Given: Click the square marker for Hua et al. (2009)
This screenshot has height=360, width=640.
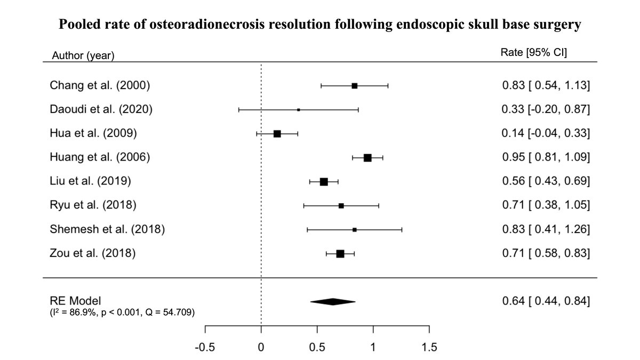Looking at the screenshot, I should [x=277, y=133].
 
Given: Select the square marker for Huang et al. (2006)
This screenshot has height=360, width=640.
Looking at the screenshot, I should [x=367, y=157].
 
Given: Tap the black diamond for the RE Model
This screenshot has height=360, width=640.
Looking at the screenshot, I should [x=332, y=301].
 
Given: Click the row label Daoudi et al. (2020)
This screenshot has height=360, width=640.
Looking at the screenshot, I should [x=101, y=109].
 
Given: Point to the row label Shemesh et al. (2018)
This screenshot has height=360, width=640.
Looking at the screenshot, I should [x=107, y=229].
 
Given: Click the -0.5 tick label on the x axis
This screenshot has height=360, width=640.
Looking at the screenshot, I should [x=205, y=348].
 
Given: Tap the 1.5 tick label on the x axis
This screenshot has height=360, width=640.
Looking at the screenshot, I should [x=429, y=348].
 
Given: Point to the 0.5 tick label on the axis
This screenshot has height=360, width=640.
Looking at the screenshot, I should [x=317, y=348].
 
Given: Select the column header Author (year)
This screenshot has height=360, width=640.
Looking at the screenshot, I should [x=83, y=55].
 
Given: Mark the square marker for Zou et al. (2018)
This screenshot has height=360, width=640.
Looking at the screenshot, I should [x=340, y=253].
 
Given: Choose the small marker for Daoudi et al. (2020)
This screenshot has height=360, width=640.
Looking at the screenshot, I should [x=298, y=109].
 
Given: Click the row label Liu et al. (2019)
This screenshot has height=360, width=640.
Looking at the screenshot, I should [x=90, y=181].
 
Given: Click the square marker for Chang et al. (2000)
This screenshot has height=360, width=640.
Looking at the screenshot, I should [x=354, y=85].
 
